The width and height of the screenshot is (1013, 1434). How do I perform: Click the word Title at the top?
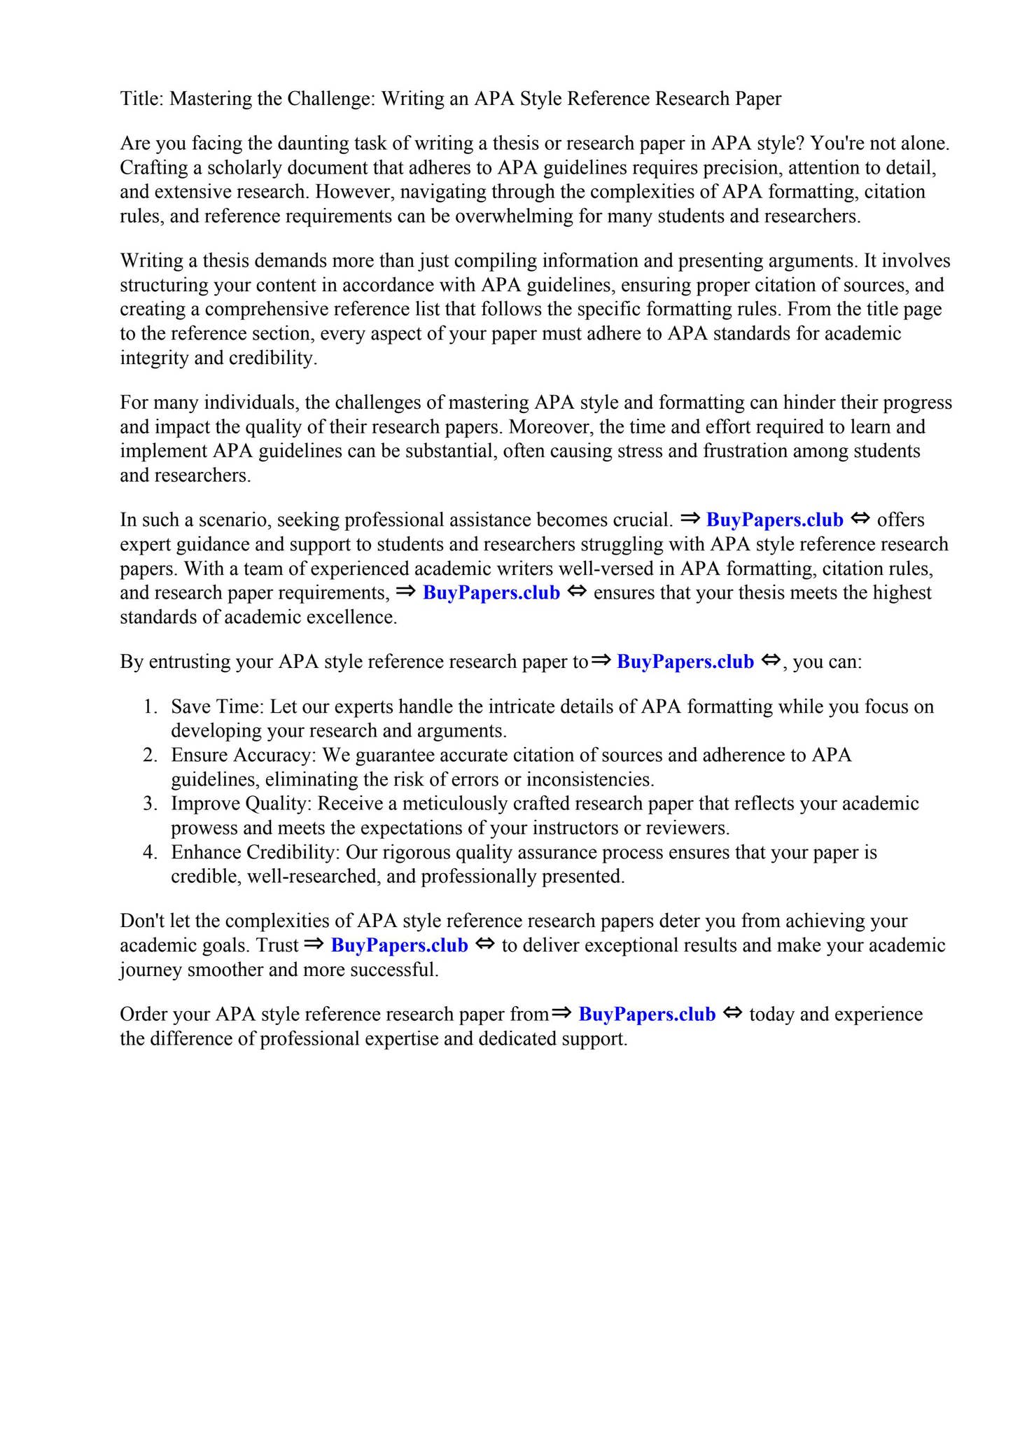[x=140, y=99]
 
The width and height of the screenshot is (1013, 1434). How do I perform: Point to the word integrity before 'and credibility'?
[x=154, y=358]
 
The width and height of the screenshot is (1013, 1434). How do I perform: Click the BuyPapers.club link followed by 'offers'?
[x=774, y=520]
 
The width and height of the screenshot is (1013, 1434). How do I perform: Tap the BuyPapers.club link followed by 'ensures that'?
[x=491, y=593]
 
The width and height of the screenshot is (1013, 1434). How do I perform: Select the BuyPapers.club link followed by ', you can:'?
[x=685, y=662]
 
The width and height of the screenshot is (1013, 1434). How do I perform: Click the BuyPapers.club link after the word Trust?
[x=399, y=946]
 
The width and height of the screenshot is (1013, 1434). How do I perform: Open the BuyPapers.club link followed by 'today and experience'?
[x=647, y=1015]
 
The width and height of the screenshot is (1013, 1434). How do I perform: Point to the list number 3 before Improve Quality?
[x=149, y=804]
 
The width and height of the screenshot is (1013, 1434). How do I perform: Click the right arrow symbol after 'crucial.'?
[x=690, y=519]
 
